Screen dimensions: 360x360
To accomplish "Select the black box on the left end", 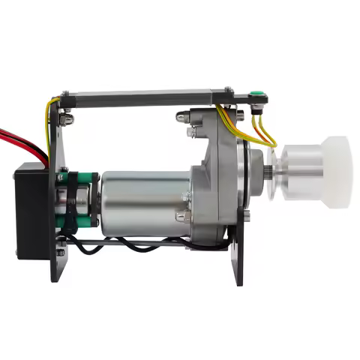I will click(x=30, y=211).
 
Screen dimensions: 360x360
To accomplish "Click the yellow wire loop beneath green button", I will click(x=262, y=133).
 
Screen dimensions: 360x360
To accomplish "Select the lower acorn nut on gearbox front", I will click(x=181, y=217).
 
